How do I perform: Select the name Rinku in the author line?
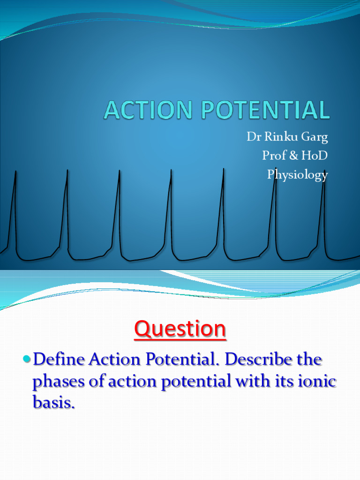click(278, 137)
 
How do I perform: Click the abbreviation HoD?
click(315, 156)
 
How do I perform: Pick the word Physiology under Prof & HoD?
click(297, 175)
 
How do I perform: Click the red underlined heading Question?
click(180, 330)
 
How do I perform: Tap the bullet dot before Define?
click(26, 360)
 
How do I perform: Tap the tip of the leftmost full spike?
click(16, 172)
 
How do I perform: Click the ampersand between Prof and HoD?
click(295, 156)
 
